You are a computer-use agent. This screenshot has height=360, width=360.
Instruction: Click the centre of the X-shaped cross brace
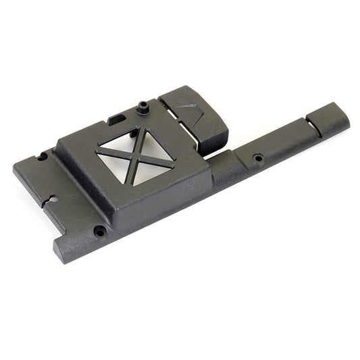[138, 154]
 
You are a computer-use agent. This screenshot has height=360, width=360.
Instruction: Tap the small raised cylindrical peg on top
[143, 106]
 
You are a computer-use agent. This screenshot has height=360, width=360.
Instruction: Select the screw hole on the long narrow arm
[258, 159]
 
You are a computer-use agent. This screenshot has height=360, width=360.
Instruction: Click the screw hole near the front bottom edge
[100, 231]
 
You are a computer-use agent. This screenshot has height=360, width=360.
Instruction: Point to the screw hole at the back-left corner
[42, 157]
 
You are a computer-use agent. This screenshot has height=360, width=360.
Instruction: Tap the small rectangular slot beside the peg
[116, 120]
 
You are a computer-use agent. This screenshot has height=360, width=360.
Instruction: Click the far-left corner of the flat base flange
[16, 164]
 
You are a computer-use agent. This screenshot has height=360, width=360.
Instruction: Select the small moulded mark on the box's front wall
[193, 184]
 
